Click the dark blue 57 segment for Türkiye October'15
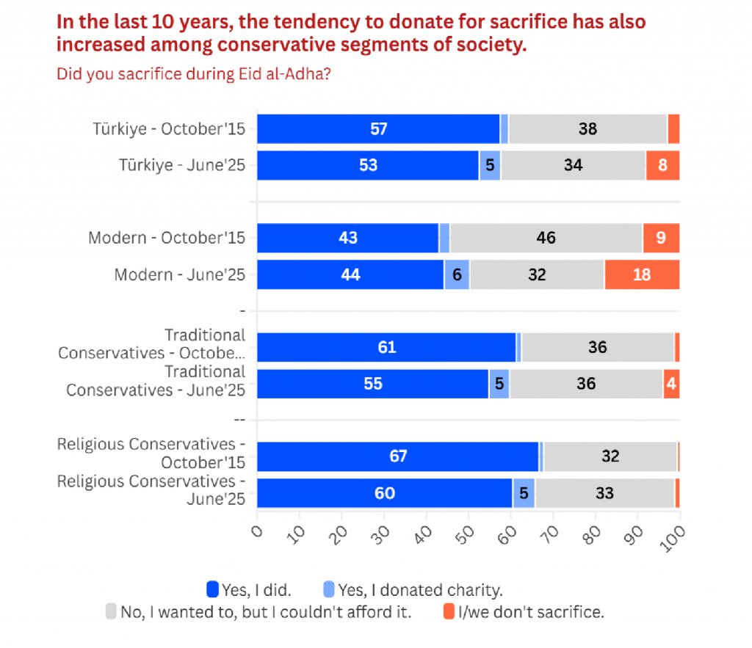pos(378,129)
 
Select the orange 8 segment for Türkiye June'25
pos(662,165)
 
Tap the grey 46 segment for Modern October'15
pos(546,238)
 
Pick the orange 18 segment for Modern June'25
pos(642,274)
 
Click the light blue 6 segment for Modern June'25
pos(457,274)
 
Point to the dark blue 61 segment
pos(386,347)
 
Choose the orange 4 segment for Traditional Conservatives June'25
pos(671,384)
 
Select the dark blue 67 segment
pos(398,456)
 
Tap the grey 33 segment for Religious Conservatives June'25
pos(604,493)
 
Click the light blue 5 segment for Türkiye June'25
pos(490,165)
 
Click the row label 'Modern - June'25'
pos(180,274)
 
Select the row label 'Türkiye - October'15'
pos(170,129)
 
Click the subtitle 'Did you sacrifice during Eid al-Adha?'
pos(196,74)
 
